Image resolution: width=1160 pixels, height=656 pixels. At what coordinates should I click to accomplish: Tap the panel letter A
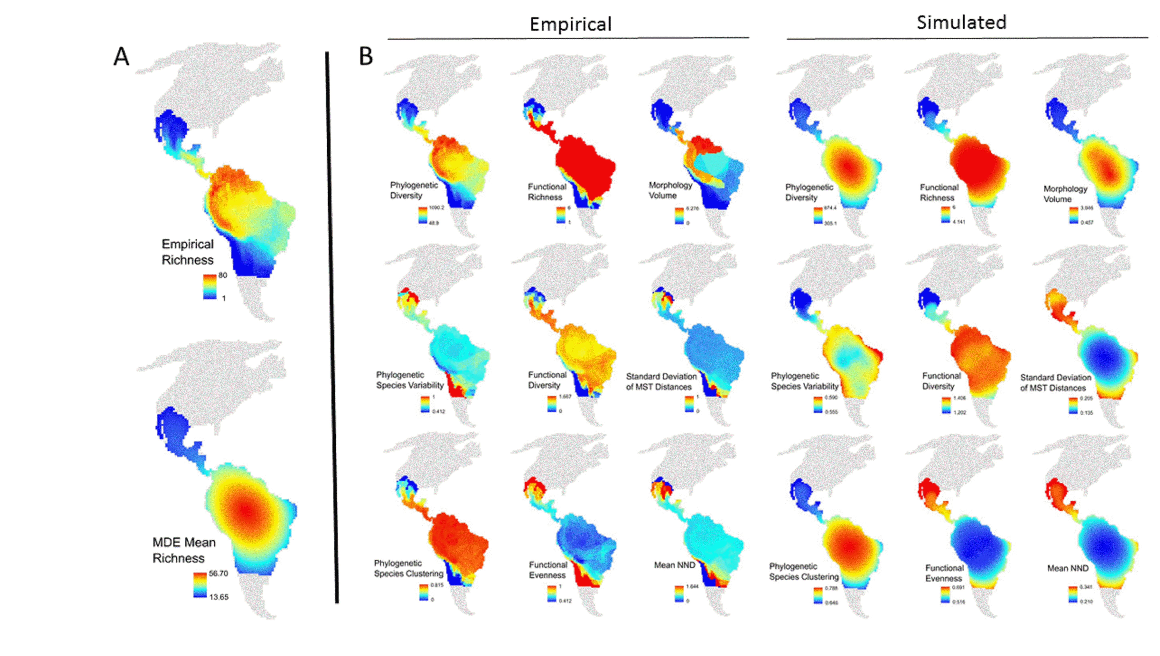121,57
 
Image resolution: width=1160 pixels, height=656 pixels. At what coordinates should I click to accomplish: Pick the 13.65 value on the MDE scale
219,597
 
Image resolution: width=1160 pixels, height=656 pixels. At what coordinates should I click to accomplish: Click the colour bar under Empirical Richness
209,287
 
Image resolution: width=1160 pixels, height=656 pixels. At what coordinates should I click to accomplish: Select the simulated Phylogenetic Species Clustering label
804,571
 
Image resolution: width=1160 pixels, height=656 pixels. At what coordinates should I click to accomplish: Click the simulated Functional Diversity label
941,381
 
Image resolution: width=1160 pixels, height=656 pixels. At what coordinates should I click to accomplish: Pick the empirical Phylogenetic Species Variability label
410,380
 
